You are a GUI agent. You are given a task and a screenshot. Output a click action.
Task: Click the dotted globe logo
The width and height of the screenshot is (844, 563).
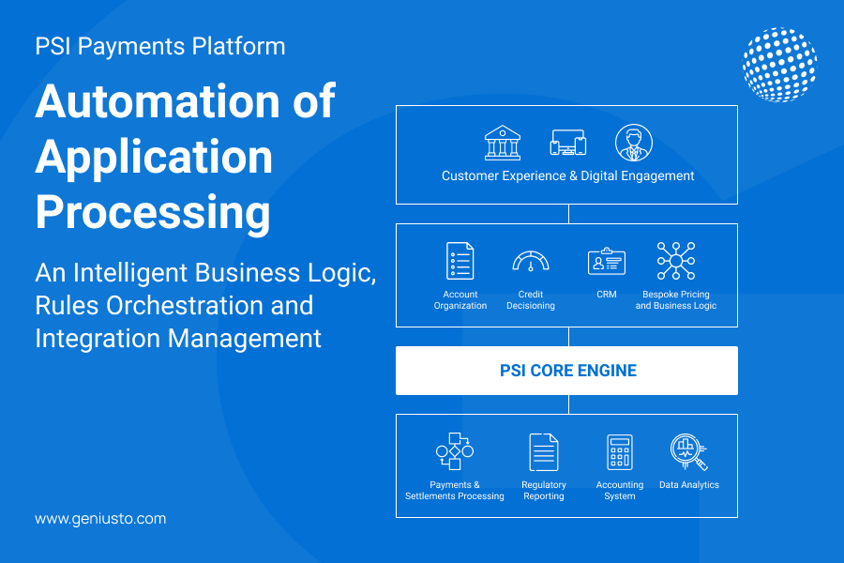point(778,65)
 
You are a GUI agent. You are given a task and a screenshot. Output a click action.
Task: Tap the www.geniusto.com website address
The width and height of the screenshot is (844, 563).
point(100,518)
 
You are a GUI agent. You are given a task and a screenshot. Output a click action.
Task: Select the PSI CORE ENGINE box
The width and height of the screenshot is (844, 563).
point(566,371)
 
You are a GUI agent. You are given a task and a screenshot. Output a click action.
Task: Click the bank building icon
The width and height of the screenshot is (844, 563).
point(503,144)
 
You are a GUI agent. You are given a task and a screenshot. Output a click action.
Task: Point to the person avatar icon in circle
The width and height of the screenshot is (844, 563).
point(633,144)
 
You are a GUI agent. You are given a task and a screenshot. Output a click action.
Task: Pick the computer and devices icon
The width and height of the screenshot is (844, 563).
point(567,144)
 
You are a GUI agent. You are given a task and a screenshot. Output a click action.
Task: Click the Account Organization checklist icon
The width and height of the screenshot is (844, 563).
point(460,261)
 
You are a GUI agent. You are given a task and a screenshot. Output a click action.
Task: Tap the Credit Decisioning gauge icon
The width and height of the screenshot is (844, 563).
point(530,262)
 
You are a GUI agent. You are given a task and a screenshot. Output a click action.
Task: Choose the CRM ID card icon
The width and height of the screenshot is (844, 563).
point(606,262)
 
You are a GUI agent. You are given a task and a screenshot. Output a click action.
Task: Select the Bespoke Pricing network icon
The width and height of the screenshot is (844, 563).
point(675,261)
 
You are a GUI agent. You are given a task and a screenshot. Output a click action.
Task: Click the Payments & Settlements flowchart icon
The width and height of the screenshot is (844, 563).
point(455,451)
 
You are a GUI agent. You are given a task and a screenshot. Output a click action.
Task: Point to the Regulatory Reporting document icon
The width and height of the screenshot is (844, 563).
point(544,451)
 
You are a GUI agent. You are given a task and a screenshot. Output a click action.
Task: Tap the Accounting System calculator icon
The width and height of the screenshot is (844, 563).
point(620,451)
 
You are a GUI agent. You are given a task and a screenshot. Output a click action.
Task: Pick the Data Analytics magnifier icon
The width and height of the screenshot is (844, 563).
point(688,452)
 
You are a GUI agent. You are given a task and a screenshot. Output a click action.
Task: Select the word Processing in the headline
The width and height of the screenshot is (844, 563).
point(153,213)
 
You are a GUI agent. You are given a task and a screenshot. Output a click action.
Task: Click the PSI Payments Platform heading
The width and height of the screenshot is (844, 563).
point(160,46)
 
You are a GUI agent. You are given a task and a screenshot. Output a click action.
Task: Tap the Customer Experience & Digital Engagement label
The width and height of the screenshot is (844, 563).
point(567,175)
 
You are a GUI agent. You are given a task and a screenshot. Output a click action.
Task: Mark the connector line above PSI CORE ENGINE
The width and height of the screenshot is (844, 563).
point(567,337)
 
